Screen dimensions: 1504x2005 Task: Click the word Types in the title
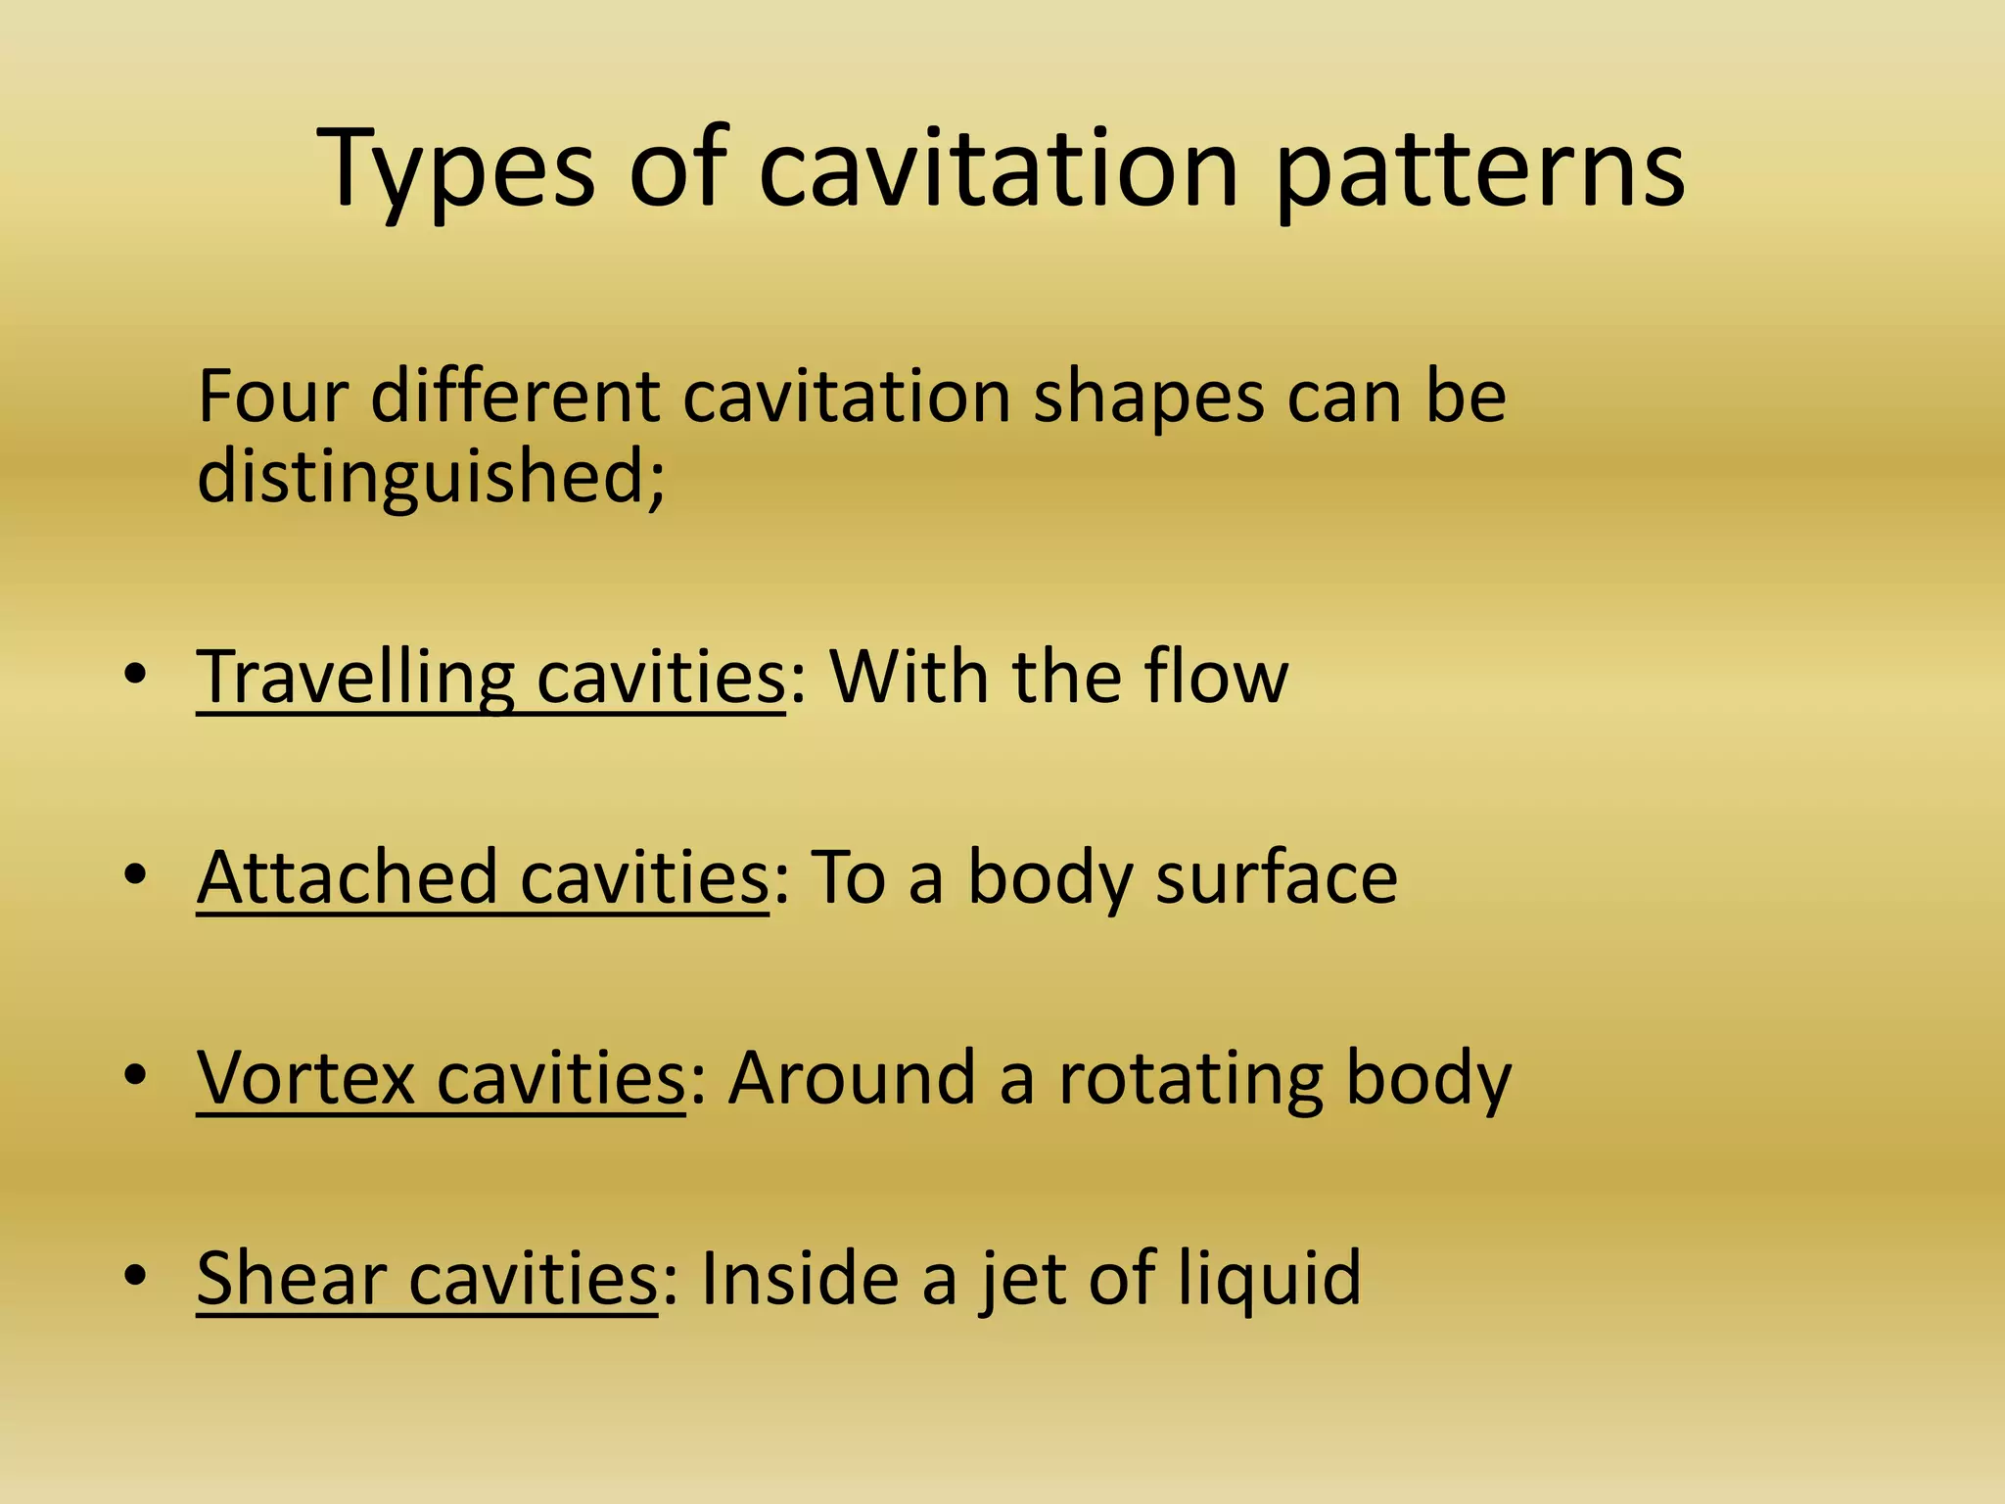pos(455,171)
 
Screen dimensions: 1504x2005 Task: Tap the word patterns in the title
pos(1480,171)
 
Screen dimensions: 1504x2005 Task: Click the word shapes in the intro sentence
pos(1148,399)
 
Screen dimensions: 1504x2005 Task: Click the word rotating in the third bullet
pos(1190,1078)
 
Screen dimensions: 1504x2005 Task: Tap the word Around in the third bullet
pos(852,1078)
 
